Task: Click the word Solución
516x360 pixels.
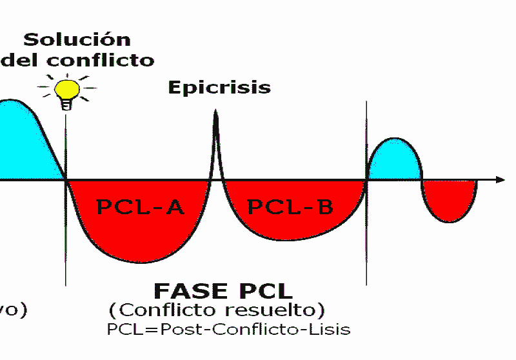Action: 77,39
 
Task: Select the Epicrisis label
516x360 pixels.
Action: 219,87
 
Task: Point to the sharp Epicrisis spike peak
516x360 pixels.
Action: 215,114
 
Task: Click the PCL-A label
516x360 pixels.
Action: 140,207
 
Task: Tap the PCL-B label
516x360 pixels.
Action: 290,207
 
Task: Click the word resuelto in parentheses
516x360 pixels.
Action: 279,310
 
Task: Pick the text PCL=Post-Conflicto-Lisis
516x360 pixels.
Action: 228,329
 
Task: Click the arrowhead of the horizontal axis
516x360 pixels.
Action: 500,179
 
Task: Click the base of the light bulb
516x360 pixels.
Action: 66,105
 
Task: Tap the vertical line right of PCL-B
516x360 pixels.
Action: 367,245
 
